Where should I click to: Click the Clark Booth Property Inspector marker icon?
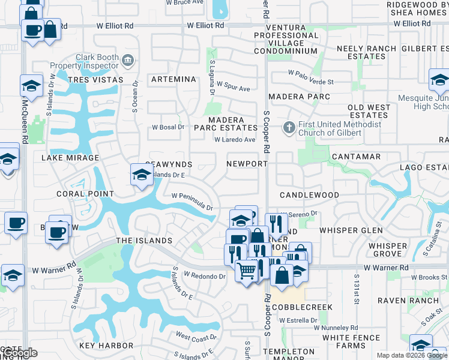127,59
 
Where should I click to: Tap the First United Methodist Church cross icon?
289,128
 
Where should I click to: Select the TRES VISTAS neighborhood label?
95,80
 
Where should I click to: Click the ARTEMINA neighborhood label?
173,79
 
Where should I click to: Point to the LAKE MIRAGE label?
70,158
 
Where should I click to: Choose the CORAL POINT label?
85,194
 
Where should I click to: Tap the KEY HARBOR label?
106,346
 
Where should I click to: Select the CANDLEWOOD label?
309,195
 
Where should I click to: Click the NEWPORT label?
247,164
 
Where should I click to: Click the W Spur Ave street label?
233,87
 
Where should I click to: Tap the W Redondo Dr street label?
204,276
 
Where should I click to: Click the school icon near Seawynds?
141,175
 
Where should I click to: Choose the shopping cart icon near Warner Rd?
246,271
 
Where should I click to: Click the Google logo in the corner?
19,353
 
